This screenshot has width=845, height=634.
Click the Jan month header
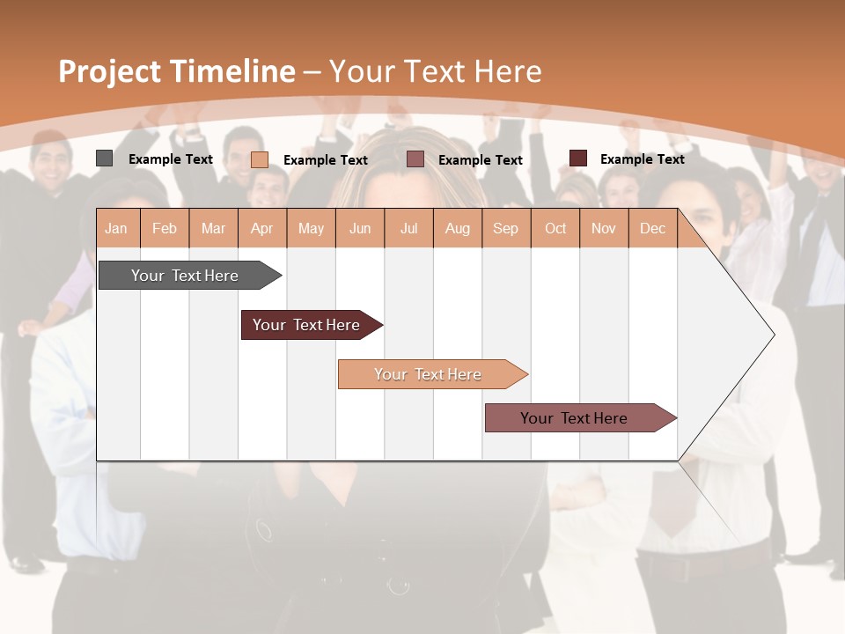click(116, 228)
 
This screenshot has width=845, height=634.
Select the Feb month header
click(165, 228)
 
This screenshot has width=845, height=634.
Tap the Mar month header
click(213, 228)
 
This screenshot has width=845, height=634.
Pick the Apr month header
click(261, 228)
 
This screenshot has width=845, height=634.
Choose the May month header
click(311, 228)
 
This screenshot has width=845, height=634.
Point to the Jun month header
click(360, 228)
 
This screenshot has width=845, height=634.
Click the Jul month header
click(408, 228)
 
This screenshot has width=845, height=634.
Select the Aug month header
click(457, 228)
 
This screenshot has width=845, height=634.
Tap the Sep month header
click(505, 228)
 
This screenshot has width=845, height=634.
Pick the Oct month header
click(555, 228)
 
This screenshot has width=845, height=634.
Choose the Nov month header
click(603, 228)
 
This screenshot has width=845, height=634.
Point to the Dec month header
click(652, 228)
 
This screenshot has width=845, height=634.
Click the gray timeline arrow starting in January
click(186, 276)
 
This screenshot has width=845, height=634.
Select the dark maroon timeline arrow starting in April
click(307, 325)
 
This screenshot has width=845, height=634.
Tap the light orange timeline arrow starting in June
click(429, 374)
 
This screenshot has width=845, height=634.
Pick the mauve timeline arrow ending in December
click(575, 418)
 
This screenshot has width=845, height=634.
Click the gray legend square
click(104, 158)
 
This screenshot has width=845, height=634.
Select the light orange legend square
click(260, 159)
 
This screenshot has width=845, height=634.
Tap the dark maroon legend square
click(578, 158)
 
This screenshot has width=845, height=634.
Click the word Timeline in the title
click(231, 71)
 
